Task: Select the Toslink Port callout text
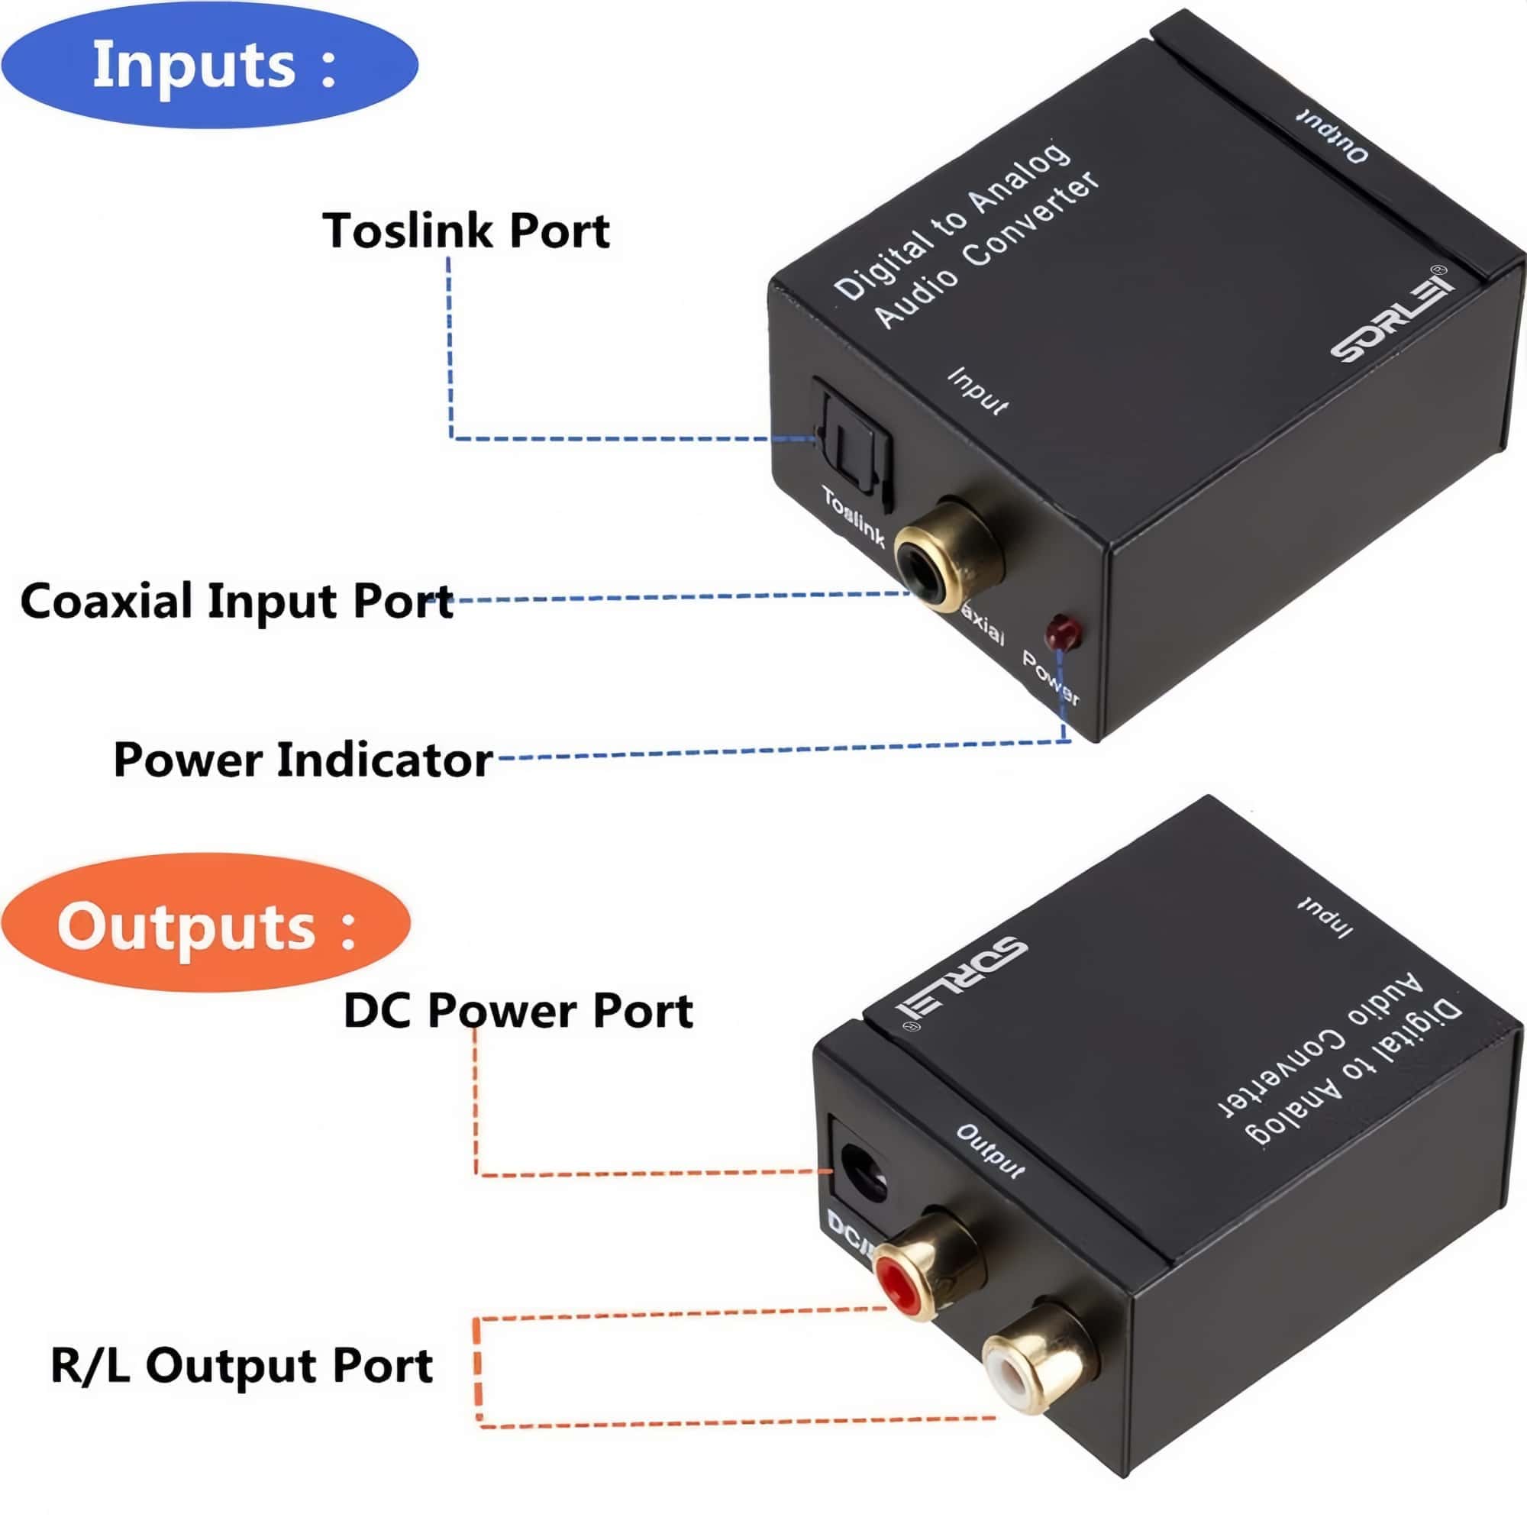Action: point(466,231)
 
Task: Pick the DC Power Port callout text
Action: point(518,1011)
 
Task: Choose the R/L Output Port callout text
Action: point(242,1365)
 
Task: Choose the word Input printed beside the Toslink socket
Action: point(979,390)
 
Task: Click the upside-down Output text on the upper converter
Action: point(1332,133)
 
